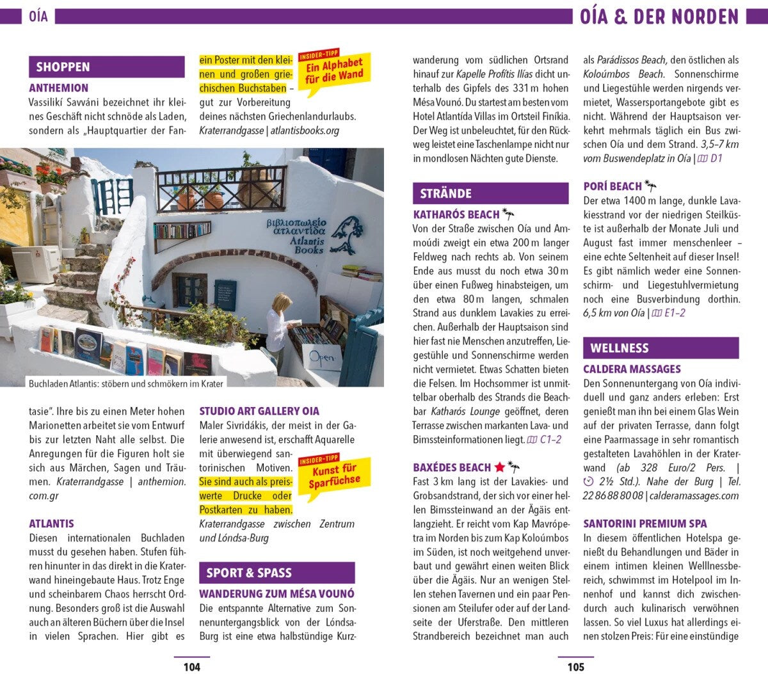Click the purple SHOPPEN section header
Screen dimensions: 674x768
(x=63, y=67)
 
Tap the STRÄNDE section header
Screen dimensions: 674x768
(x=445, y=193)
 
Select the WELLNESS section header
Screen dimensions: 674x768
(x=619, y=348)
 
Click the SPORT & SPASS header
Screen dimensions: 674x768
(x=249, y=573)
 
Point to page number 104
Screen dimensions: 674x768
(x=191, y=667)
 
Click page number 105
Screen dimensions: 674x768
(x=575, y=667)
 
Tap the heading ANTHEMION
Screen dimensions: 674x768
(x=59, y=88)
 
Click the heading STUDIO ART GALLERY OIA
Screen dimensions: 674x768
(x=259, y=411)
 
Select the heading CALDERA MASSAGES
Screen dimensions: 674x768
(x=632, y=369)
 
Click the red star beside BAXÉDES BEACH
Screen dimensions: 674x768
(x=500, y=467)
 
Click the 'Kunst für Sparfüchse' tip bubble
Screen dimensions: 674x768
(x=334, y=474)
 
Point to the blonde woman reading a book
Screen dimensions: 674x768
(x=278, y=326)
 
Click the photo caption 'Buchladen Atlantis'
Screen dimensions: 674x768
(x=126, y=383)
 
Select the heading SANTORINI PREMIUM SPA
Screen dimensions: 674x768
(x=644, y=524)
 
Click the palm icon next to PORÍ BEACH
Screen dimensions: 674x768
(x=651, y=186)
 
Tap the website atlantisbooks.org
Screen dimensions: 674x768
(x=305, y=131)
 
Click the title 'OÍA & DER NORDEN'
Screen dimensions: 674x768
(x=659, y=16)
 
